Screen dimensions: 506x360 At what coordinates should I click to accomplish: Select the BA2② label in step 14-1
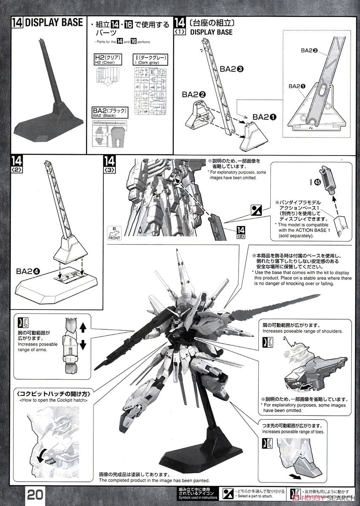click(x=194, y=94)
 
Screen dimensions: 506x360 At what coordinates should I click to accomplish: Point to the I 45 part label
click(x=314, y=182)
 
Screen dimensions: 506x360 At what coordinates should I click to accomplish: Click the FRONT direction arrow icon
click(x=114, y=233)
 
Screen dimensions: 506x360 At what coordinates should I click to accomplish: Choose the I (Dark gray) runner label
click(x=150, y=59)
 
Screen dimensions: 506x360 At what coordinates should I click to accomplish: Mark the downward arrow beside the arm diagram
click(x=83, y=345)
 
